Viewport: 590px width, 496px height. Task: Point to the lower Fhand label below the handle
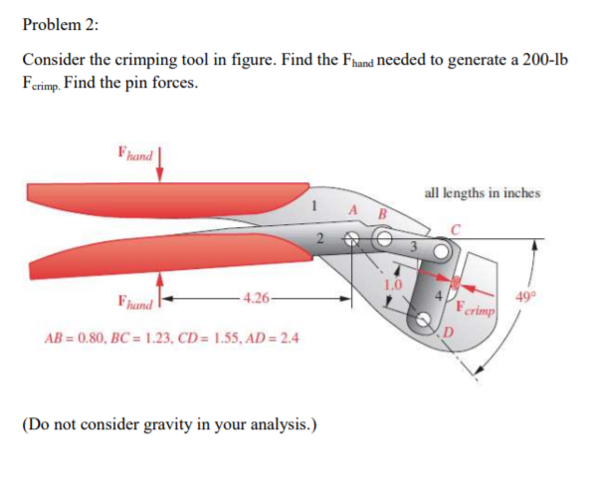tap(134, 298)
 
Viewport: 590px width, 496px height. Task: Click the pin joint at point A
tap(351, 239)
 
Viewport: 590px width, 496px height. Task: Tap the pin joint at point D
tap(425, 320)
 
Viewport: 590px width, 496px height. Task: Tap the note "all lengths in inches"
tap(483, 192)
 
